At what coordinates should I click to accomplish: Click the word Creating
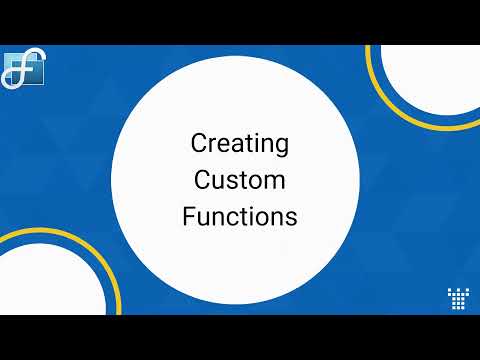pyautogui.click(x=240, y=145)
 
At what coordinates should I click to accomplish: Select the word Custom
pyautogui.click(x=240, y=181)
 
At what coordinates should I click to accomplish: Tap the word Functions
pyautogui.click(x=240, y=216)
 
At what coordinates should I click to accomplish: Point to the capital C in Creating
pyautogui.click(x=199, y=144)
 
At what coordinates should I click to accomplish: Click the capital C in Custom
pyautogui.click(x=203, y=181)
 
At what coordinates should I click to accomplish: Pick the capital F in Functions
pyautogui.click(x=189, y=216)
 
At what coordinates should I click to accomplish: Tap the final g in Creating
pyautogui.click(x=281, y=148)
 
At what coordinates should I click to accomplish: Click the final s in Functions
pyautogui.click(x=291, y=218)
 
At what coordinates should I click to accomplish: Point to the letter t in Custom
pyautogui.click(x=243, y=182)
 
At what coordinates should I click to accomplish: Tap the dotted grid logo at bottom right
pyautogui.click(x=458, y=298)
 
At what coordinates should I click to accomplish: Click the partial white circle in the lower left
pyautogui.click(x=45, y=285)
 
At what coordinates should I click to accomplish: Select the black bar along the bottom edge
pyautogui.click(x=240, y=337)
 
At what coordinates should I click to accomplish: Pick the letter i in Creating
pyautogui.click(x=259, y=144)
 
